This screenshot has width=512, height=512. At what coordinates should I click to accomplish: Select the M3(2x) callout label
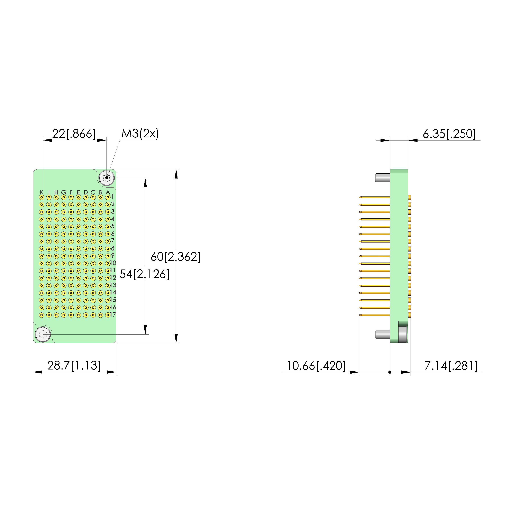pyautogui.click(x=140, y=134)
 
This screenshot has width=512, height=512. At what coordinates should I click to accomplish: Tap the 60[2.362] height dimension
pyautogui.click(x=175, y=257)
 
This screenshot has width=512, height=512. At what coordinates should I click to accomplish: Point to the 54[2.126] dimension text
pyautogui.click(x=144, y=274)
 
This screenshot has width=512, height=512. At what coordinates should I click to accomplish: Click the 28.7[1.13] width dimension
pyautogui.click(x=74, y=365)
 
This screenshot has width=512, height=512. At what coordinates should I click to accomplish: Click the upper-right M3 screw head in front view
pyautogui.click(x=107, y=177)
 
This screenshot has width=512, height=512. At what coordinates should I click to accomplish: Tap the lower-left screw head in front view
pyautogui.click(x=43, y=334)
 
